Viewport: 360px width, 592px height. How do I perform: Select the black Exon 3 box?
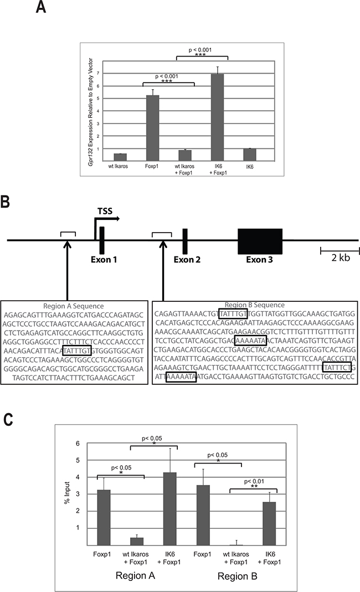tap(260, 241)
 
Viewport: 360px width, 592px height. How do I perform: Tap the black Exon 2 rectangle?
tap(185, 240)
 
